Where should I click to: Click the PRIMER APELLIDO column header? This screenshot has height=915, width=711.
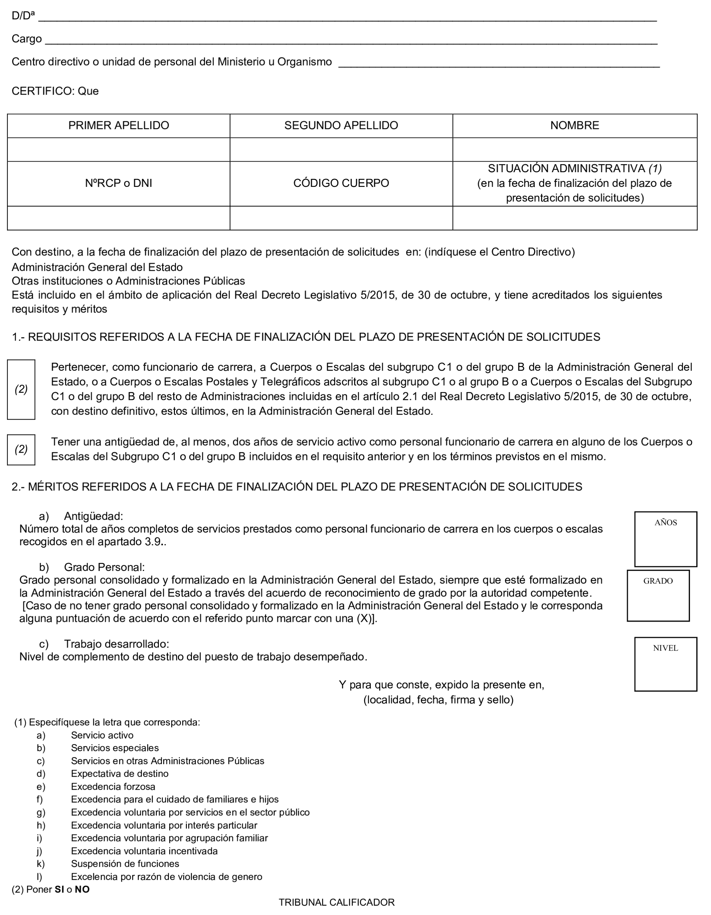[119, 126]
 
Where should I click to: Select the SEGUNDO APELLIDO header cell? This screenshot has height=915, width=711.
[341, 126]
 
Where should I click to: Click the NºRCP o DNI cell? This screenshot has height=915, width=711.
[119, 184]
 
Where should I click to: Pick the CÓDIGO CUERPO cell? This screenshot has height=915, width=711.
[341, 184]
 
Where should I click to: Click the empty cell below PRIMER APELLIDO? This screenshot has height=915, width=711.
[119, 149]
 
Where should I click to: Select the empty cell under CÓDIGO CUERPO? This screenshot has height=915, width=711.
[341, 218]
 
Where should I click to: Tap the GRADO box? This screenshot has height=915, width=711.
[658, 595]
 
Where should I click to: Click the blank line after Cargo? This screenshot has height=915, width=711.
[350, 40]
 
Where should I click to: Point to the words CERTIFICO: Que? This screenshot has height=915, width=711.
[55, 91]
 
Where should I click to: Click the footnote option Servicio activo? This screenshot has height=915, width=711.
[102, 735]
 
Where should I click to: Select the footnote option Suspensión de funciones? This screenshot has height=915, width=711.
[125, 864]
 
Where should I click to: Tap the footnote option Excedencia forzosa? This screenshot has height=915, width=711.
[113, 787]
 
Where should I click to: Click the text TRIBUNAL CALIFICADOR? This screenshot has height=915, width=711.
[337, 902]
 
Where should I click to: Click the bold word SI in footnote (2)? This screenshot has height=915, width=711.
[59, 890]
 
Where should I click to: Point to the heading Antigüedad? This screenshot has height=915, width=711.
[93, 516]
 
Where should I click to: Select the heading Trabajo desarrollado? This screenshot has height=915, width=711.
[116, 644]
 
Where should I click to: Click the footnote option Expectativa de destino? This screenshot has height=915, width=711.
[119, 774]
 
